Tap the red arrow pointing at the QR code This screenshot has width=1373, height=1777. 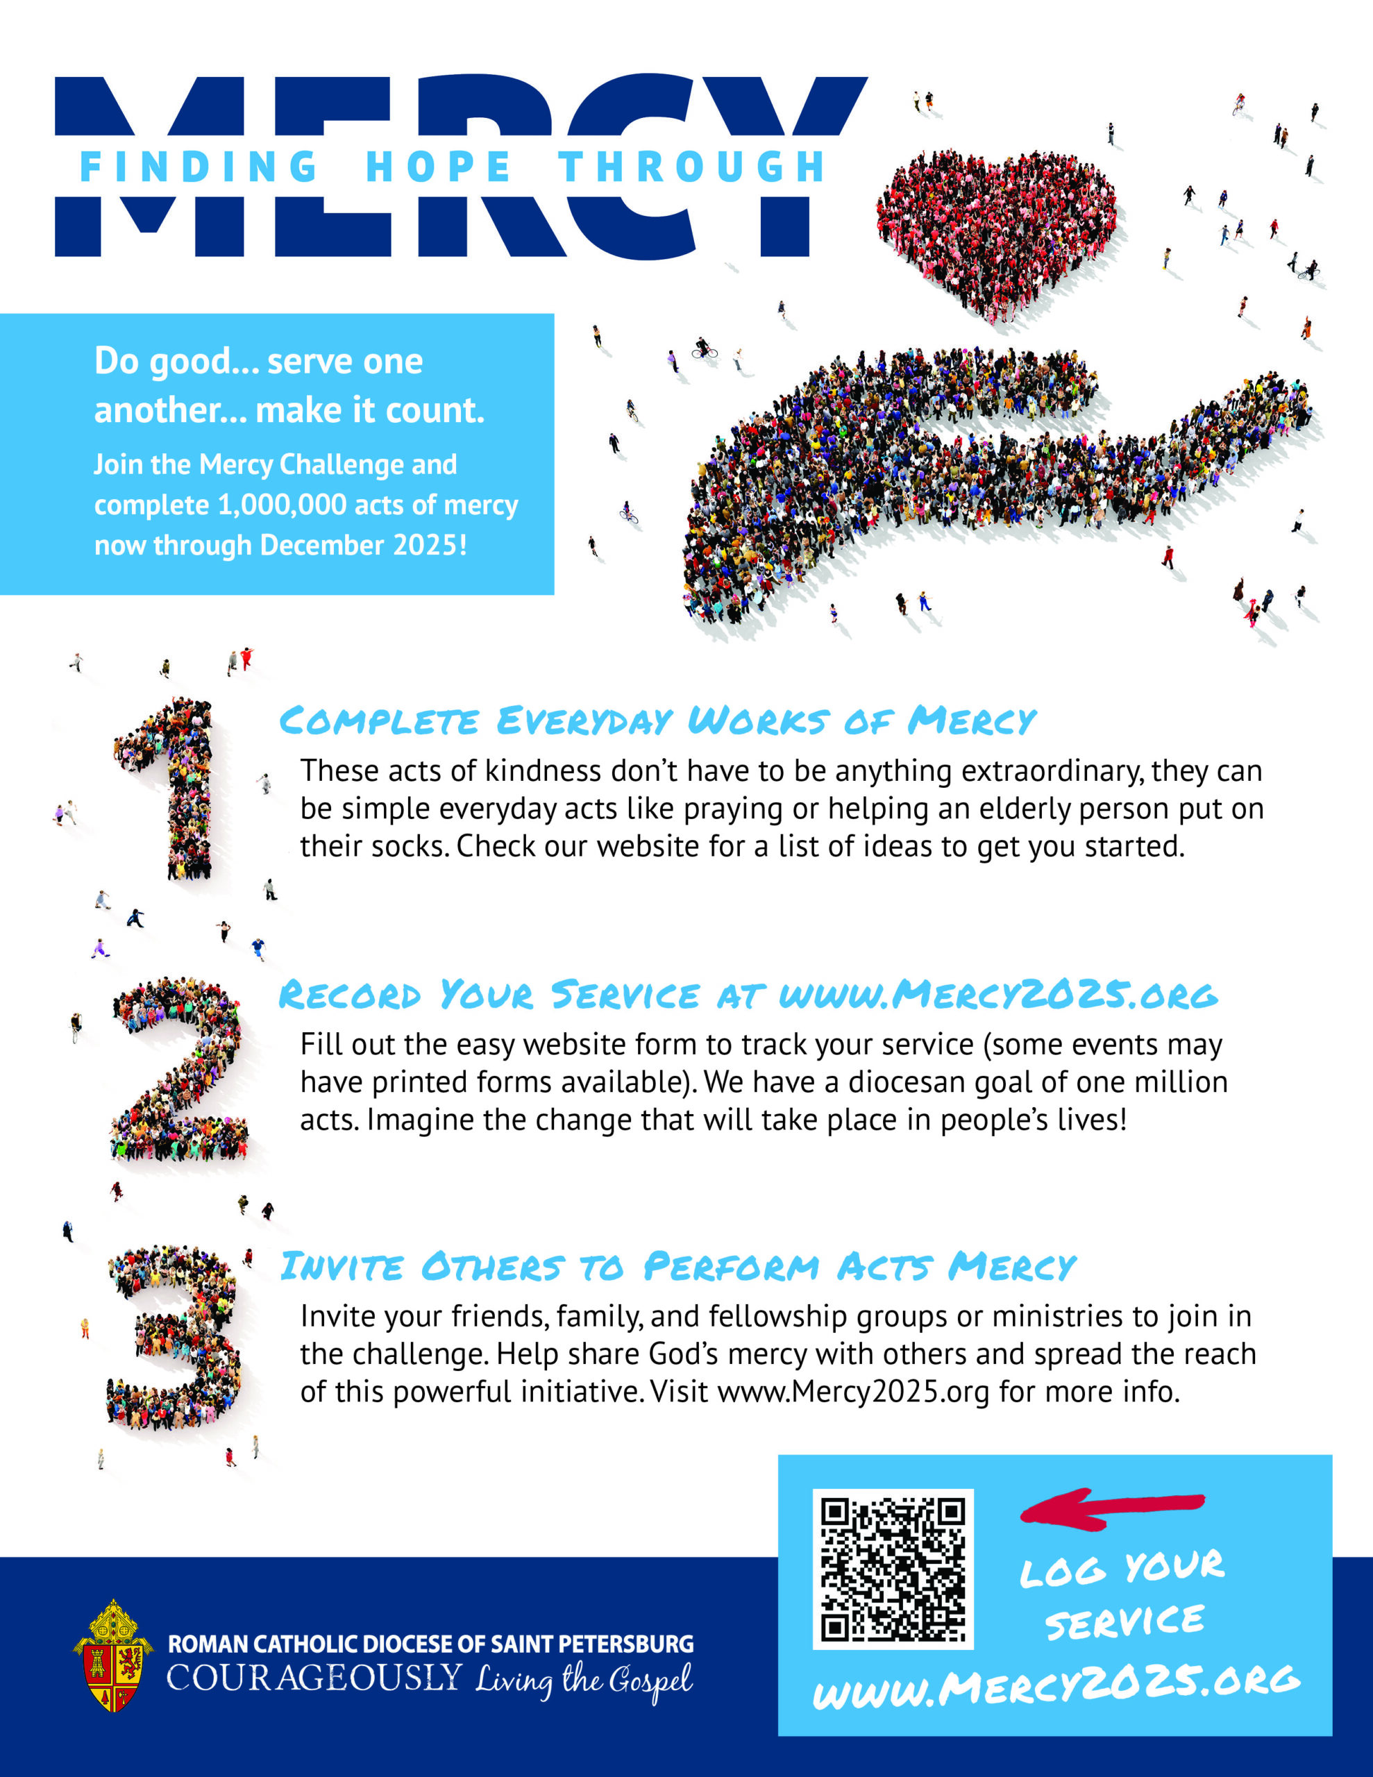[1111, 1508]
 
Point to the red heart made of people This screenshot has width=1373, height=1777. [997, 228]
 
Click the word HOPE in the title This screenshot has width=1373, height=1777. [438, 167]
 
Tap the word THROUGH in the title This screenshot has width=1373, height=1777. [692, 167]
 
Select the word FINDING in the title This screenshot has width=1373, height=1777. [199, 167]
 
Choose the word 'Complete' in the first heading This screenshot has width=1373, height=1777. [379, 722]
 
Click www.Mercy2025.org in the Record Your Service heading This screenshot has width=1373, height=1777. [997, 995]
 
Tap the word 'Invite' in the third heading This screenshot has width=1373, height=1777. [342, 1267]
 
